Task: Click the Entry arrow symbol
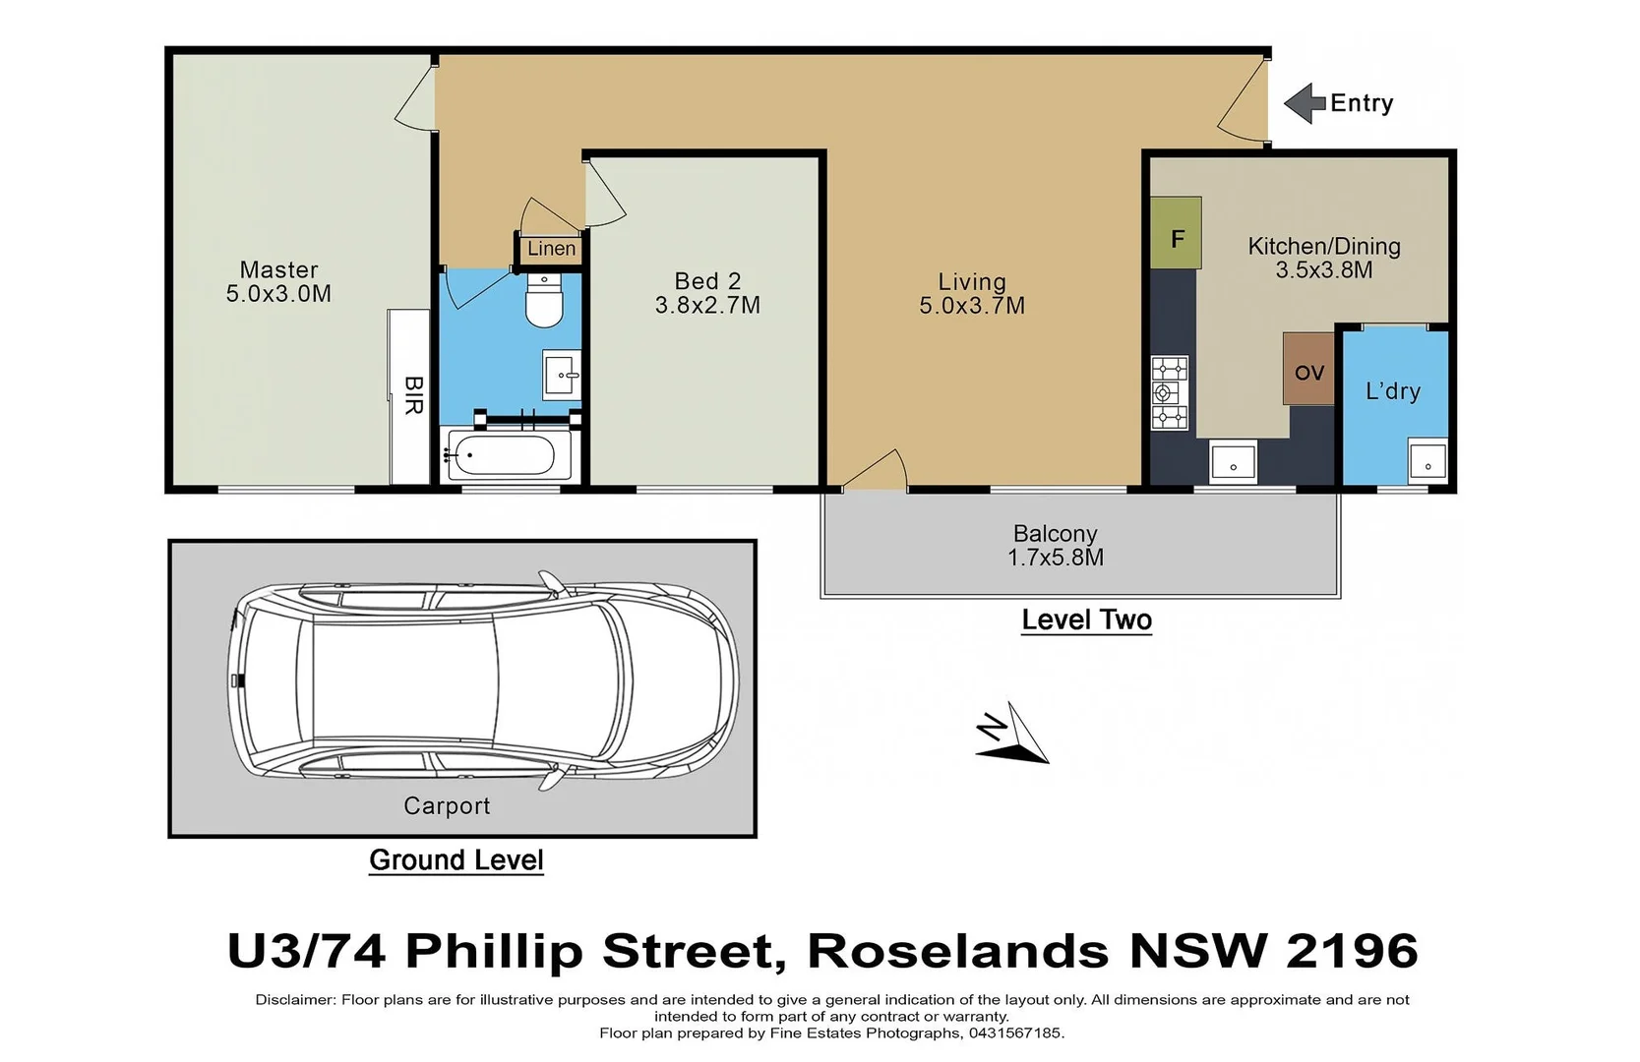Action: point(1305,103)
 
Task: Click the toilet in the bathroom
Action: point(543,301)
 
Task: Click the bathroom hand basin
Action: point(562,375)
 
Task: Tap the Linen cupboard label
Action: point(551,249)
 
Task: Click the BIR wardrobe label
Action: point(413,394)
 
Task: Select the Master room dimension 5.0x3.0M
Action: point(278,294)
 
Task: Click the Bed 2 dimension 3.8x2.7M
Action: point(707,306)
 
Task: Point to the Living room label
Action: point(971,282)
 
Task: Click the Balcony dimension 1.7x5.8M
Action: point(1055,558)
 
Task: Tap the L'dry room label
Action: point(1392,390)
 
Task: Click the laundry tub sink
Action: point(1427,460)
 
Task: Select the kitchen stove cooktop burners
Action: point(1170,393)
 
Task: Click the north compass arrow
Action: point(1013,736)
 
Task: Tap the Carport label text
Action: point(447,805)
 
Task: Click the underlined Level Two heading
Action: point(1086,619)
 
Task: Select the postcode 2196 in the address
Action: point(1352,951)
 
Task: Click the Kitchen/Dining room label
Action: point(1323,247)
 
